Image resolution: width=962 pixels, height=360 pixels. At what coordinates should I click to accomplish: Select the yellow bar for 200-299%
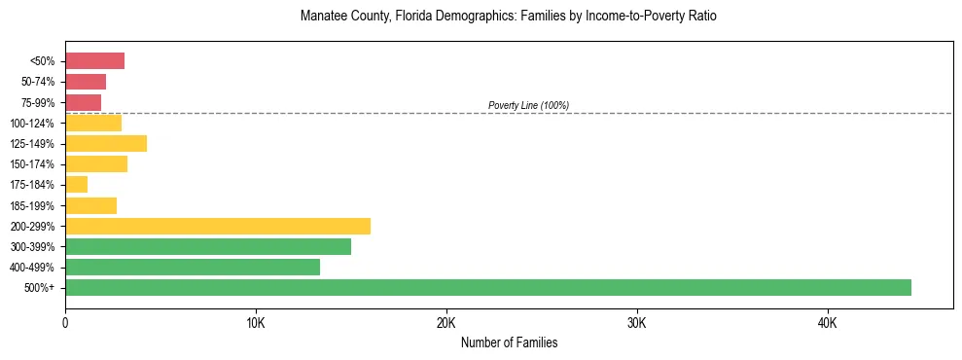(x=218, y=227)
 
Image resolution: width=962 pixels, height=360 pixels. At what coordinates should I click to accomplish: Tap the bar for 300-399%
(x=208, y=247)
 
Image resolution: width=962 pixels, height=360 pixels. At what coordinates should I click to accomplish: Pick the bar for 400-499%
(x=193, y=268)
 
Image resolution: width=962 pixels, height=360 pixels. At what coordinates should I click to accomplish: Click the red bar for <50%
(x=94, y=61)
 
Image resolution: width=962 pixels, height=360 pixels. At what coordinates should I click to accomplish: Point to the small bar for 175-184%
(x=76, y=185)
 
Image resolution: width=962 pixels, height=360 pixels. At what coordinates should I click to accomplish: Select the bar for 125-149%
(x=106, y=144)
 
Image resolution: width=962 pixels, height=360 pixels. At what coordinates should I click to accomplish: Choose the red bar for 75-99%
(x=83, y=103)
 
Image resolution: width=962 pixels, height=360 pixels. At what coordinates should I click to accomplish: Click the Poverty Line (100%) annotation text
(x=528, y=105)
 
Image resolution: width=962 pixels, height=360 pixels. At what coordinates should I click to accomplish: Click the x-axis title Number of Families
(x=509, y=343)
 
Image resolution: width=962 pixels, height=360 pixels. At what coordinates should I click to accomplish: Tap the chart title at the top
(x=509, y=17)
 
